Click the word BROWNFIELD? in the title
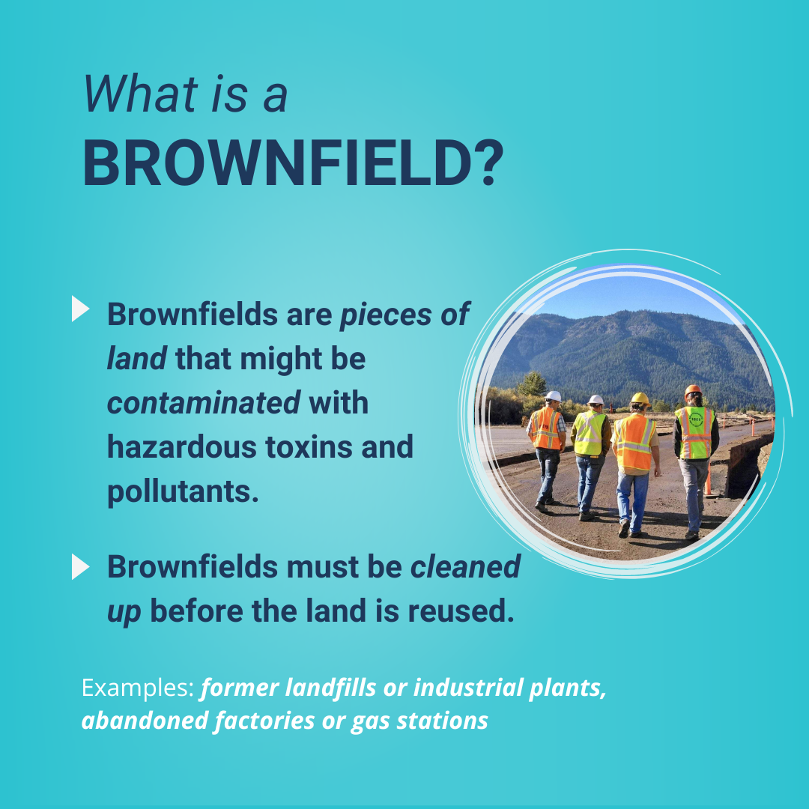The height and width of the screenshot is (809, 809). click(x=293, y=163)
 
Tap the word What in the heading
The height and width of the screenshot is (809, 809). click(x=140, y=94)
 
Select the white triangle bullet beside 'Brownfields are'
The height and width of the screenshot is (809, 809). click(x=80, y=309)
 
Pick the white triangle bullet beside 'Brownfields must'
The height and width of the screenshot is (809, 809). click(x=80, y=566)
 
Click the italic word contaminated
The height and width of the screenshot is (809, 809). click(x=204, y=402)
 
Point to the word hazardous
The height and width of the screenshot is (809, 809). click(x=181, y=446)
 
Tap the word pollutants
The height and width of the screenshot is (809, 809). click(x=183, y=491)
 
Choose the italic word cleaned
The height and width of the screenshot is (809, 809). click(x=465, y=566)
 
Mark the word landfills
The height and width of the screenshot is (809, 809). click(x=331, y=688)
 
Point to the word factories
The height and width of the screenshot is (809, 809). click(x=264, y=721)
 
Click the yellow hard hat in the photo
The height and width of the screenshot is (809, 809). click(x=640, y=399)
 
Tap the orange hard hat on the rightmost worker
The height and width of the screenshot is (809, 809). click(x=693, y=390)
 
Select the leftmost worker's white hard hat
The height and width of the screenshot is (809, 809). click(x=553, y=396)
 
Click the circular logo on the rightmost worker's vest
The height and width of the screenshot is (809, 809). click(x=696, y=419)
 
